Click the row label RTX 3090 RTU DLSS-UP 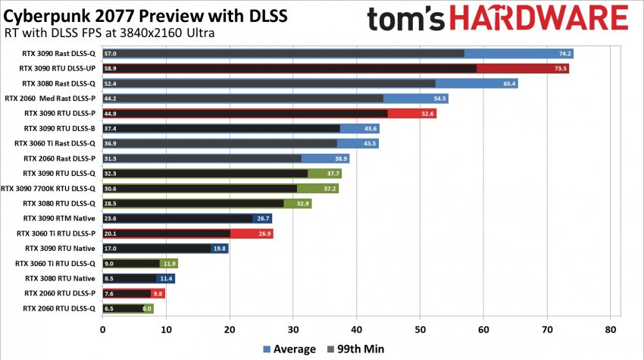click(x=58, y=68)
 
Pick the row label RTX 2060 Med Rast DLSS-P click(x=50, y=98)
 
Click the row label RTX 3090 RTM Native click(x=61, y=218)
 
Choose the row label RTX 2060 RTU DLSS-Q click(x=60, y=308)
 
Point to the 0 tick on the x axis click(x=102, y=330)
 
